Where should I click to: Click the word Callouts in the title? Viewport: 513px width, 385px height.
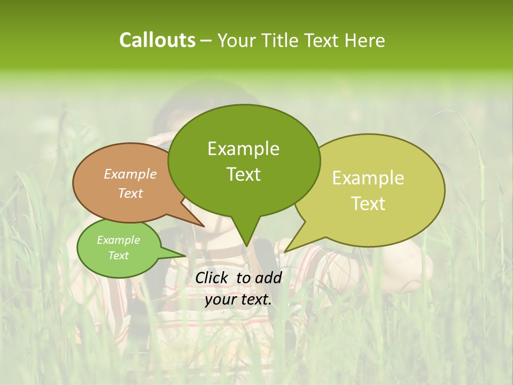[157, 40]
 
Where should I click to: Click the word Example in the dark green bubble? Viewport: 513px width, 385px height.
[243, 149]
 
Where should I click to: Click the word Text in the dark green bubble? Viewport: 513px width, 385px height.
[243, 174]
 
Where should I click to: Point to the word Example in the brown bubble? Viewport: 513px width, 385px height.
[130, 174]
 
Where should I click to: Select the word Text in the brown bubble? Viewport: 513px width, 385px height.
[130, 193]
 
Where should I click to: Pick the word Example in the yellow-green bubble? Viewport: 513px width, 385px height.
[368, 178]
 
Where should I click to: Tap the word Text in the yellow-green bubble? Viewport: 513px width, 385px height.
[368, 203]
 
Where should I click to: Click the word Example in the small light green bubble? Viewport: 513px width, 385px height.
[118, 240]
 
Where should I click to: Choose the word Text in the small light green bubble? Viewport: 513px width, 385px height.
[118, 256]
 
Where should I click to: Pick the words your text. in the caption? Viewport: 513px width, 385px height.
[238, 299]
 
